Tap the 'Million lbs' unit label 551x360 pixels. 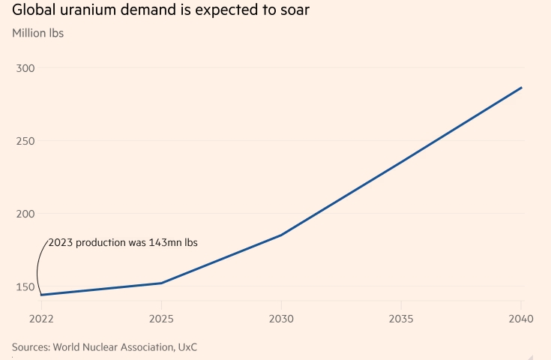(38, 34)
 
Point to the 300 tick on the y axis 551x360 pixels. (25, 68)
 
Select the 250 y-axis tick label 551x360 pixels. (25, 141)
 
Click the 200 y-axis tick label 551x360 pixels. (25, 214)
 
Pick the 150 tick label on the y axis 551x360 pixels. (25, 286)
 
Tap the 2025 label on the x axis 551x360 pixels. (161, 319)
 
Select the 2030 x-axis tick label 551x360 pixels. (281, 319)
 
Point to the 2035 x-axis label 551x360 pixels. (401, 319)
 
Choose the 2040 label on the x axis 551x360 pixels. (520, 319)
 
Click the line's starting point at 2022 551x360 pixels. (41, 295)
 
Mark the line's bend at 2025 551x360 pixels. (161, 283)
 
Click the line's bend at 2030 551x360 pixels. (281, 235)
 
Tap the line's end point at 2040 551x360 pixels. (521, 88)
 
